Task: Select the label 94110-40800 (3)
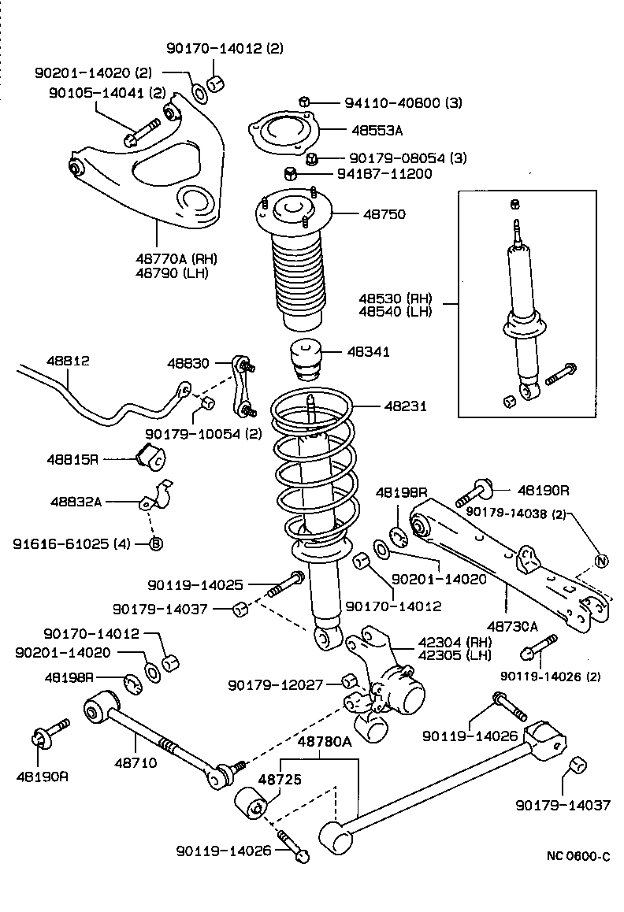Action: click(403, 102)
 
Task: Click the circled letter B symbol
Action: click(156, 543)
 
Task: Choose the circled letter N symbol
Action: click(601, 561)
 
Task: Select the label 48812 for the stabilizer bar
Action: click(68, 361)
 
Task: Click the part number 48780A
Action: click(324, 741)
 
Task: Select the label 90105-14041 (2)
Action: click(100, 92)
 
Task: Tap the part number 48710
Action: click(136, 762)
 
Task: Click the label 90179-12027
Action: click(276, 684)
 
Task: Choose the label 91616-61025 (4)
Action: click(75, 543)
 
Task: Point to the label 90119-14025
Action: click(195, 585)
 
